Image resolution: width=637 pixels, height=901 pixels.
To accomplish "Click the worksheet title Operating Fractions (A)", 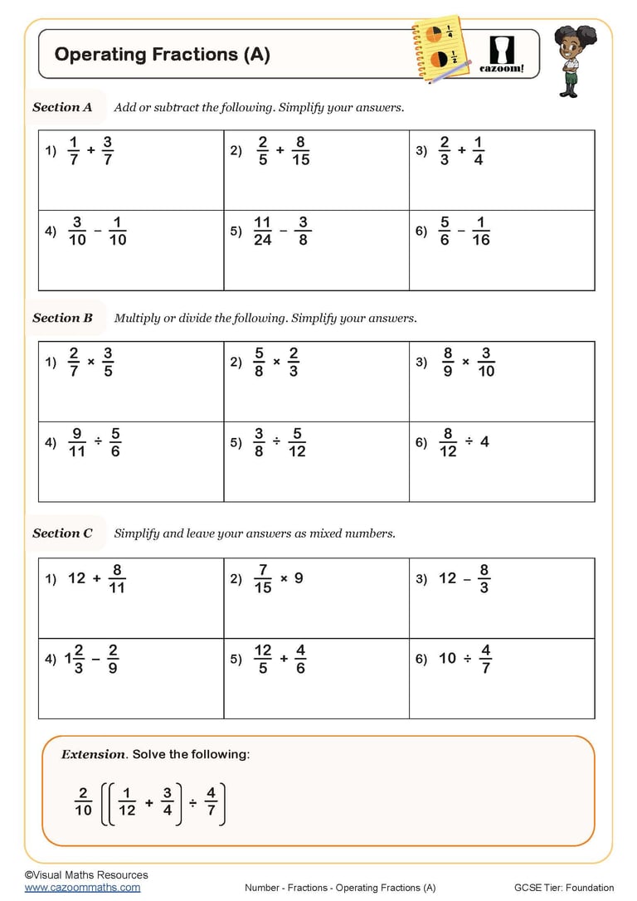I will [x=162, y=55].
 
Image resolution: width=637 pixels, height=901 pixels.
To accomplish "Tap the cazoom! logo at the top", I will [x=503, y=54].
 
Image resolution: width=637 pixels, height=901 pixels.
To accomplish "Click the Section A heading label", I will [x=62, y=107].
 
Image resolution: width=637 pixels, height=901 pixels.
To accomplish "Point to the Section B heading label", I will [x=62, y=318].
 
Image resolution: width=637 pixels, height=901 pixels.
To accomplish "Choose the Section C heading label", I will [x=62, y=533].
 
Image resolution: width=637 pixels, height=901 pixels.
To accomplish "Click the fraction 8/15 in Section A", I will [x=300, y=150].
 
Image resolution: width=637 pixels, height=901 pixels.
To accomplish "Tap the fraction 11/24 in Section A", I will [x=262, y=231].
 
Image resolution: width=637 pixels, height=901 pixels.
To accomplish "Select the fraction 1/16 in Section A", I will [x=481, y=231].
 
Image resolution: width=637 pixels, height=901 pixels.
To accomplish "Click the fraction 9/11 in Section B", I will [x=77, y=442].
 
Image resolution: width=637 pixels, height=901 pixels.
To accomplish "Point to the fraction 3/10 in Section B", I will [x=486, y=362].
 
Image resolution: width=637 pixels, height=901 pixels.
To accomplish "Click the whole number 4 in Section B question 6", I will [x=484, y=442].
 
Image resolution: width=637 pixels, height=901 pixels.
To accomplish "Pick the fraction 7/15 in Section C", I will [x=263, y=578].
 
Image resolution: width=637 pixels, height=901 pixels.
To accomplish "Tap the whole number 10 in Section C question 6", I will [x=447, y=658].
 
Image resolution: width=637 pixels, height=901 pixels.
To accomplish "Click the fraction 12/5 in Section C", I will [x=263, y=659].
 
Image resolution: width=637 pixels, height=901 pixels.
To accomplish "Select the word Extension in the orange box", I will [x=93, y=754].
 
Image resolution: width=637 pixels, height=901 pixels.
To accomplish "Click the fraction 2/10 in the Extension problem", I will [x=83, y=801].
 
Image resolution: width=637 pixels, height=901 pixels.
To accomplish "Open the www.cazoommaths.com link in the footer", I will [x=82, y=887].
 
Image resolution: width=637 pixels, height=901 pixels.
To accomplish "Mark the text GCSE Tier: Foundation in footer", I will [x=563, y=888].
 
